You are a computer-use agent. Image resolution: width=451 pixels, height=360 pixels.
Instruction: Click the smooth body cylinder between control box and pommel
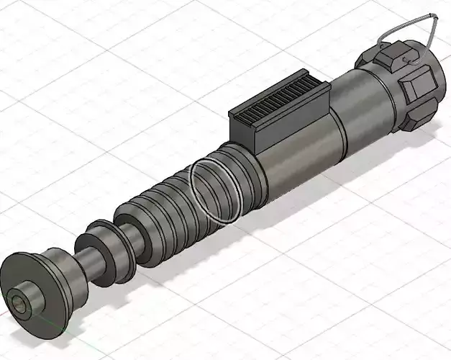367,108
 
